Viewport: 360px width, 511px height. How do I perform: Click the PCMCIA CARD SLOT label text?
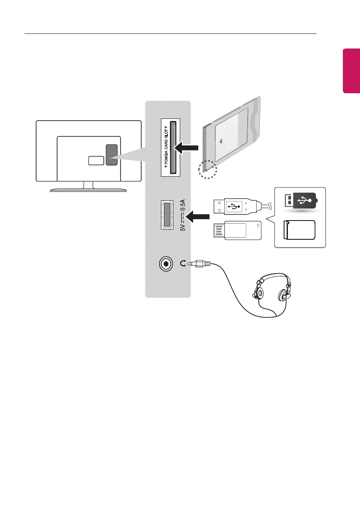click(x=166, y=147)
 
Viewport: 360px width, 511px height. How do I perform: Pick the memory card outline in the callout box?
click(x=300, y=230)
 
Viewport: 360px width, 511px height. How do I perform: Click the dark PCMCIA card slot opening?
click(x=173, y=147)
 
